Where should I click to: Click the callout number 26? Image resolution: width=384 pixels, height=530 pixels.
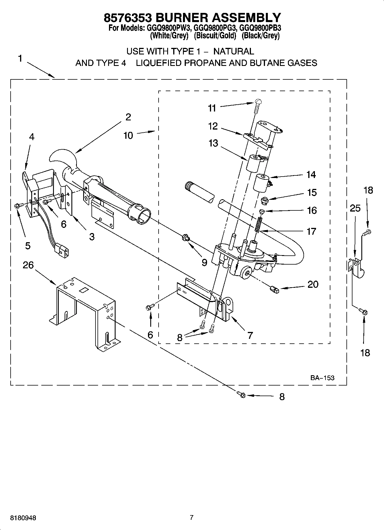click(28, 265)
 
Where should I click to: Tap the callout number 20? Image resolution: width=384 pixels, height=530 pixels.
click(313, 284)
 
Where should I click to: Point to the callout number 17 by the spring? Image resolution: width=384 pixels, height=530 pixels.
click(311, 231)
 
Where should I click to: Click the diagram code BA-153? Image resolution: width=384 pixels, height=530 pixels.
click(322, 378)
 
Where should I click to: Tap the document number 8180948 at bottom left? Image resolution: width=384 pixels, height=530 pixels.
click(23, 518)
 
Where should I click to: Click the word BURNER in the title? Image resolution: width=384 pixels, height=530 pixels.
click(182, 18)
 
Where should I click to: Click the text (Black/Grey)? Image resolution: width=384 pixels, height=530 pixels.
click(260, 36)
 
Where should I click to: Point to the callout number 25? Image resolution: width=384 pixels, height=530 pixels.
click(355, 208)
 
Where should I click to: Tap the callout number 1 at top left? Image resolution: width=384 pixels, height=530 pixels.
click(20, 59)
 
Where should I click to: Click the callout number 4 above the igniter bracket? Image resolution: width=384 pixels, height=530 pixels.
click(32, 137)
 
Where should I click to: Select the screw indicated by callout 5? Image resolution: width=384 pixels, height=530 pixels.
click(16, 205)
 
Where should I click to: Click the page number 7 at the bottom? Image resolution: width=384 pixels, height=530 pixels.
click(192, 517)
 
